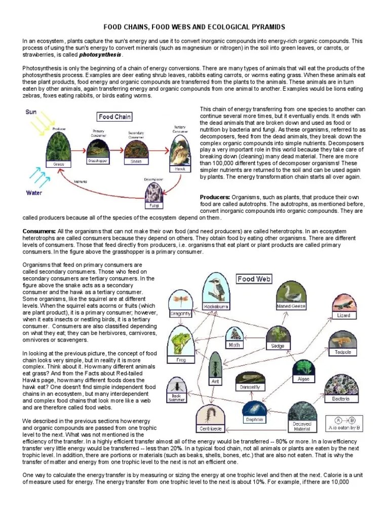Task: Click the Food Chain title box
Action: coord(114,117)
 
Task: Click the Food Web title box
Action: coord(254,278)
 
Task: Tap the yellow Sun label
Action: coord(31,112)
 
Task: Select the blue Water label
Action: coord(33,193)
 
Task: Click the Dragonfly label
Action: coord(181,314)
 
